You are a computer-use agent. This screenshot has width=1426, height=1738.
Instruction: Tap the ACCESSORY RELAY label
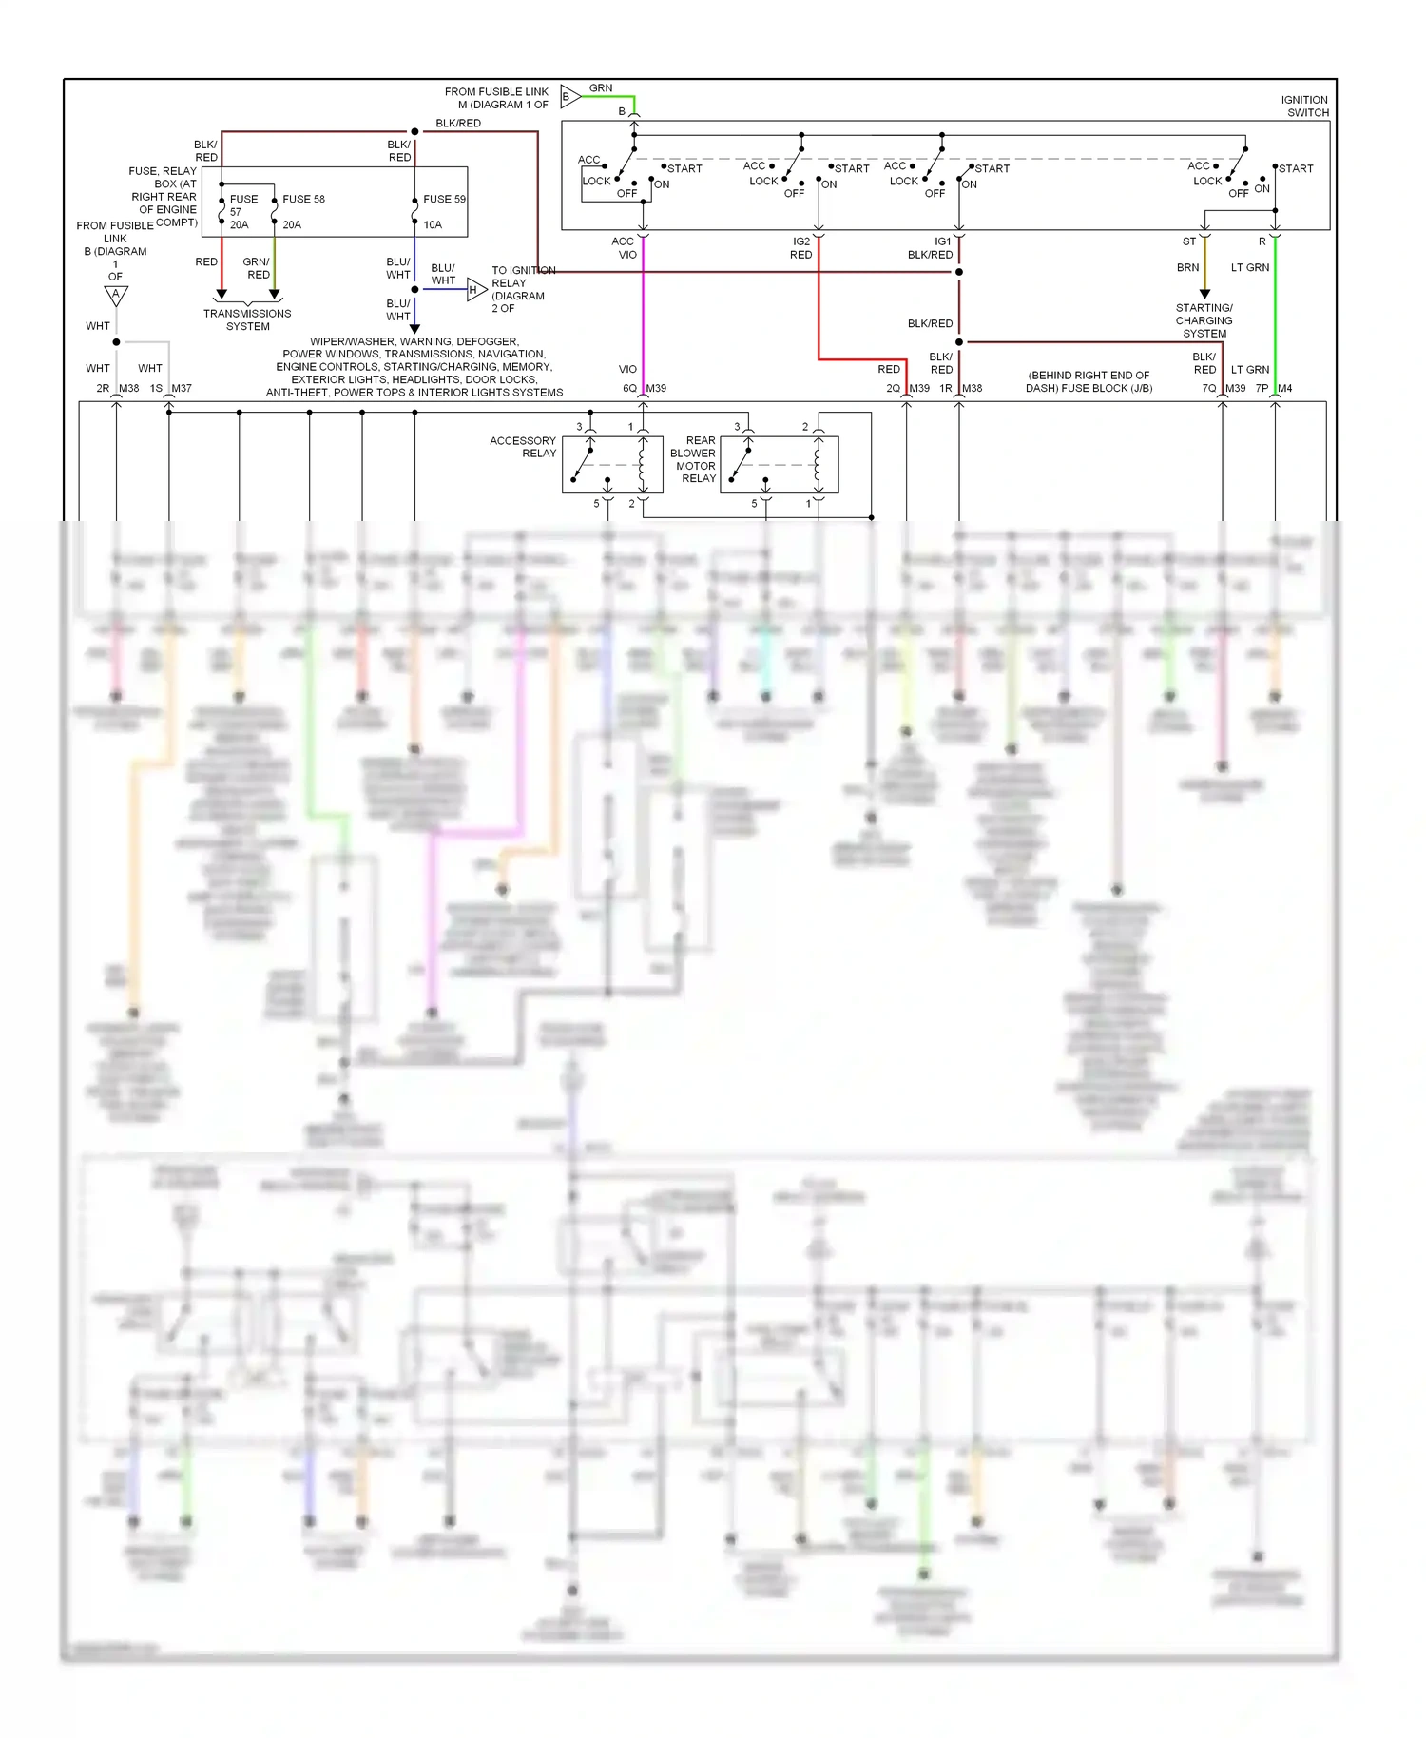(x=523, y=447)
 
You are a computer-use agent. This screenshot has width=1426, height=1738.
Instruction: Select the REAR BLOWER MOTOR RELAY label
(x=694, y=459)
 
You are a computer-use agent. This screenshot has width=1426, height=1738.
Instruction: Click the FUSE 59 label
(x=444, y=199)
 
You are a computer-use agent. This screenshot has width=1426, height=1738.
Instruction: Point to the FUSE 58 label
(x=303, y=199)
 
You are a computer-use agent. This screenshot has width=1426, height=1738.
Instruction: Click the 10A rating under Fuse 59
(x=433, y=225)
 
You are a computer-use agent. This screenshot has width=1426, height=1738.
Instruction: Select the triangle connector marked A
(x=116, y=296)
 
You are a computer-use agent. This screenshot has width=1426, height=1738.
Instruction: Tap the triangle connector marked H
(x=475, y=289)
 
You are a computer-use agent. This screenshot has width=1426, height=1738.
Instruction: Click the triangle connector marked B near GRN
(x=568, y=96)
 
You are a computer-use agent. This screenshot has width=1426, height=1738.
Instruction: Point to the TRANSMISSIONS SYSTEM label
(x=247, y=319)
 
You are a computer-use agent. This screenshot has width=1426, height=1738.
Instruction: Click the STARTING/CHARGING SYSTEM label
(x=1204, y=320)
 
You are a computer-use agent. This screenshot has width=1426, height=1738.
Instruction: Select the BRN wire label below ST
(x=1187, y=268)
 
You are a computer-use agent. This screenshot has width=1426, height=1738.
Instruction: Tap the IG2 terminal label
(x=801, y=241)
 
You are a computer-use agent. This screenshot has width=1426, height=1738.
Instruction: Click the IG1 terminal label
(x=942, y=241)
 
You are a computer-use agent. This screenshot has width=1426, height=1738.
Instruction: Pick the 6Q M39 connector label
(x=644, y=388)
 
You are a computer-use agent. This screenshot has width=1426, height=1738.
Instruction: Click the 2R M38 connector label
(x=117, y=388)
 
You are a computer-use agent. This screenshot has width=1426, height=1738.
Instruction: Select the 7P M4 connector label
(x=1273, y=388)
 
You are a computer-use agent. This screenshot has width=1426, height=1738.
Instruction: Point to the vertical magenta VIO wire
(x=644, y=314)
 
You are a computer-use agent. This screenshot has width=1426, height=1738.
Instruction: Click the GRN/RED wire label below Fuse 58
(x=257, y=268)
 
